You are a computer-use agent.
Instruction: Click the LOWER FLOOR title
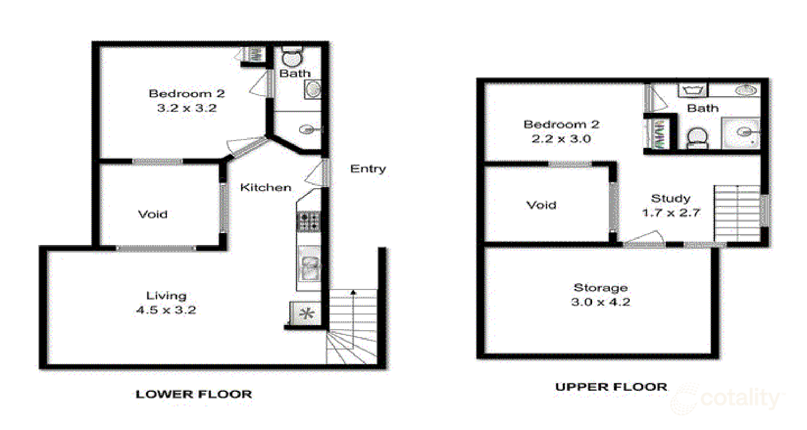(x=194, y=394)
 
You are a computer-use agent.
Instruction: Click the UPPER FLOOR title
(x=611, y=387)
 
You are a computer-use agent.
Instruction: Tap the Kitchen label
(x=265, y=187)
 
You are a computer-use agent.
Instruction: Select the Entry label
(x=368, y=168)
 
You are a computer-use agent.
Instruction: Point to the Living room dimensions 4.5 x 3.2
(x=166, y=310)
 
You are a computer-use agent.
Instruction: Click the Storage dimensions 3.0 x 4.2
(x=600, y=302)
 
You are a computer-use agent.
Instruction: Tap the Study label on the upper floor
(x=670, y=198)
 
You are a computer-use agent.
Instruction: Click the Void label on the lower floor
(x=152, y=214)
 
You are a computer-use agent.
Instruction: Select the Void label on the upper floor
(x=541, y=205)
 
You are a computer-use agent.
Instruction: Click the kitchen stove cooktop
(x=308, y=221)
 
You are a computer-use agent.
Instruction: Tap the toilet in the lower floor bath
(x=292, y=56)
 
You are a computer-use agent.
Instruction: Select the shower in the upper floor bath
(x=741, y=133)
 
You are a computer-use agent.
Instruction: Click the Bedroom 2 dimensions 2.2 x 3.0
(x=561, y=139)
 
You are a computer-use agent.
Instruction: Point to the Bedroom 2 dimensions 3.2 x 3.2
(x=187, y=108)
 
